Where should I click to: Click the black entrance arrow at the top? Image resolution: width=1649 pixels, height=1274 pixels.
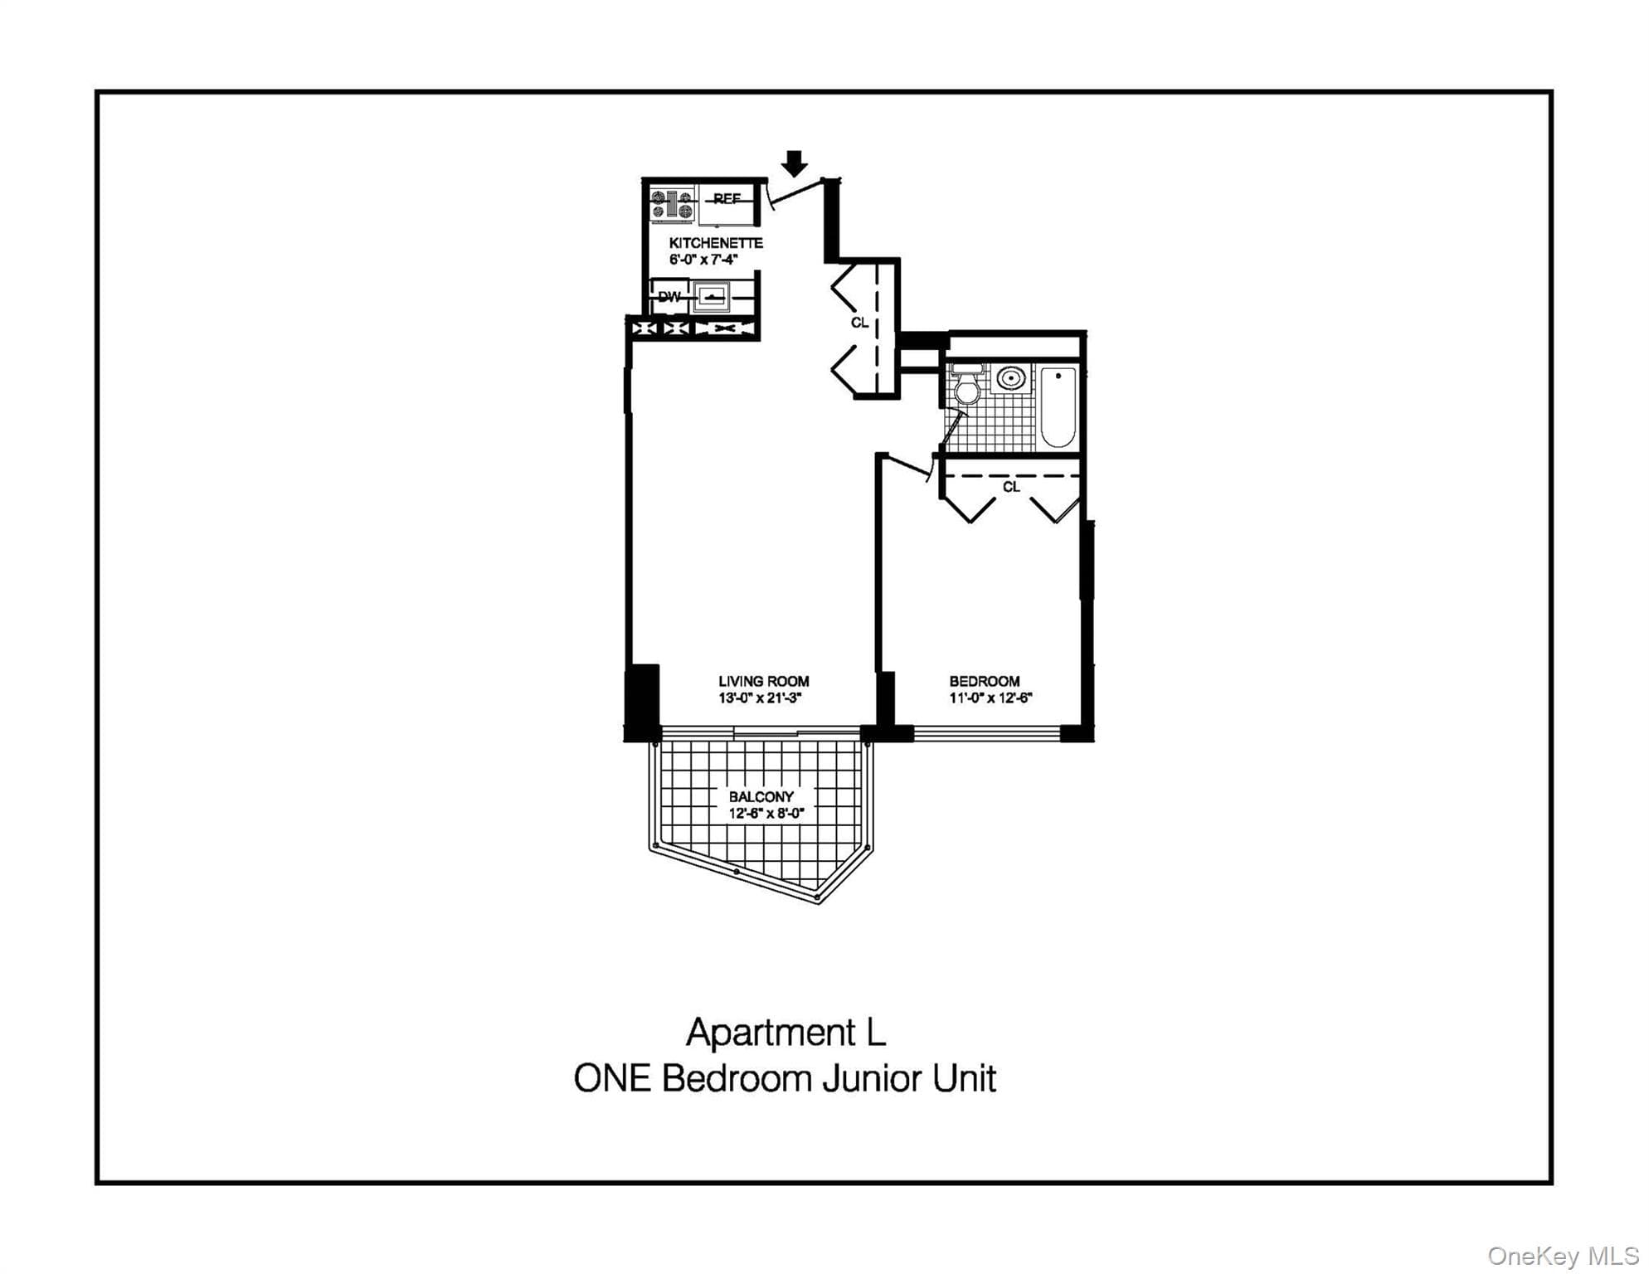(795, 163)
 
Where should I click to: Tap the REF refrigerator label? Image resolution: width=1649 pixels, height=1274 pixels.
(727, 199)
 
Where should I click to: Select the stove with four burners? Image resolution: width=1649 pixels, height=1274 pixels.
(673, 205)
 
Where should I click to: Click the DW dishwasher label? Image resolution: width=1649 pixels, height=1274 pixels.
(669, 296)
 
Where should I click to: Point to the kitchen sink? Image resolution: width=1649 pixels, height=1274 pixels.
(713, 296)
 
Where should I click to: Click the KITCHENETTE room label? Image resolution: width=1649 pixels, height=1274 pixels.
(716, 243)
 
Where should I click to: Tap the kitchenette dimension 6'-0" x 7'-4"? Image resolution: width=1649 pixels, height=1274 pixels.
(703, 260)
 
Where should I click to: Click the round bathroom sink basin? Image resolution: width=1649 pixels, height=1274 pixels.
(1010, 378)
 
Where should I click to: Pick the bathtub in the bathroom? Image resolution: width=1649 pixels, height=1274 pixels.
(1058, 407)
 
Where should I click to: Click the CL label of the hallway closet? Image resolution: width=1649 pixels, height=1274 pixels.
(859, 322)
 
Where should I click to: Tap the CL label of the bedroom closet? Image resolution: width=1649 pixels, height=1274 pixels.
(1011, 487)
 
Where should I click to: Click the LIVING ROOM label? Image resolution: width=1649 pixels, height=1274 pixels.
(764, 682)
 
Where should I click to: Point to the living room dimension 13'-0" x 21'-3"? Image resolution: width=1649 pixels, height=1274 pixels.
(760, 698)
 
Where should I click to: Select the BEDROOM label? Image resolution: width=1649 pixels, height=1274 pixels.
(985, 682)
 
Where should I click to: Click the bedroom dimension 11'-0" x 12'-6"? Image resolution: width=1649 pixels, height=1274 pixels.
(990, 698)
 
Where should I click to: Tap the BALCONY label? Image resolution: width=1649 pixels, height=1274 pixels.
(761, 797)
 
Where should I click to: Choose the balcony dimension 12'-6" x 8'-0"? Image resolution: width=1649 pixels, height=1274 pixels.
(766, 814)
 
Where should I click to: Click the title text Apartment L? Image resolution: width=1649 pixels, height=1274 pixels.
(786, 1033)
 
